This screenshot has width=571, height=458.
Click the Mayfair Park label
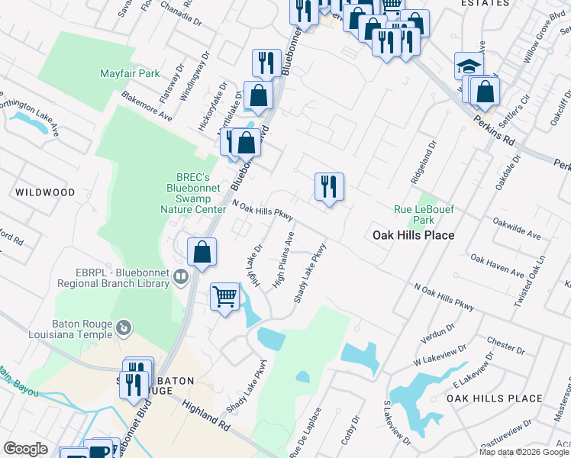click(x=129, y=74)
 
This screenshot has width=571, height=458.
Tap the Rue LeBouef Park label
click(x=418, y=214)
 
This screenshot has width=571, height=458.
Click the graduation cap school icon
click(x=469, y=66)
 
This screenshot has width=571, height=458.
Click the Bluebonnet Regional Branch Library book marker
click(x=181, y=276)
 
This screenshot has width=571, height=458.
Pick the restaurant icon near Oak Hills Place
click(x=329, y=186)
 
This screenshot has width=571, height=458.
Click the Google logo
click(x=25, y=448)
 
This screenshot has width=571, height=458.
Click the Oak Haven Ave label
click(x=497, y=266)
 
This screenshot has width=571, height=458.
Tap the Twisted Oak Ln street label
click(x=531, y=281)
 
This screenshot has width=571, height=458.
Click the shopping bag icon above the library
click(x=202, y=252)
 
